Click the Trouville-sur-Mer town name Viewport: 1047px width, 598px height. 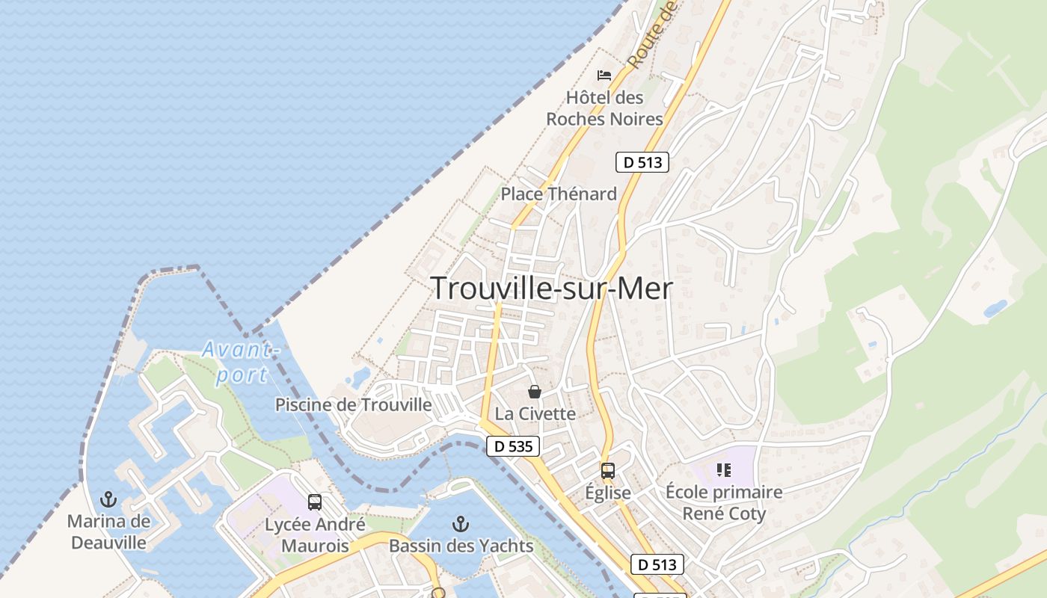point(552,289)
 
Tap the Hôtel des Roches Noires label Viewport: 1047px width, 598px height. point(604,108)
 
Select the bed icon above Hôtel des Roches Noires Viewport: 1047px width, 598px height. point(604,75)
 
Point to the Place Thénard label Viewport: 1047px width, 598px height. point(559,194)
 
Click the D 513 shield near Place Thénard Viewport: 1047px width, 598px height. point(642,162)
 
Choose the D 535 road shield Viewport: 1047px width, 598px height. point(513,447)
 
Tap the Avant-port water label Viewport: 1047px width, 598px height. point(240,362)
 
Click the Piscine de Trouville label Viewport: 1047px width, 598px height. point(353,405)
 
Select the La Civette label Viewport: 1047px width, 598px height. point(535,414)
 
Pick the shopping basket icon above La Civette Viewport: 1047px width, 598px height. point(535,392)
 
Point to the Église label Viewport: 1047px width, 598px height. point(608,493)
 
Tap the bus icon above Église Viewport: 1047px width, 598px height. point(608,471)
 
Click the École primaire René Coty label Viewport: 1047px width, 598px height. point(724,503)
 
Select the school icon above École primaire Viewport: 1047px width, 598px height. point(723,470)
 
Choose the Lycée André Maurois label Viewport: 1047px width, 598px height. point(315,535)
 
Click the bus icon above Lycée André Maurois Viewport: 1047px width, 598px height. point(315,502)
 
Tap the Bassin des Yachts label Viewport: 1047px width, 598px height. point(461,546)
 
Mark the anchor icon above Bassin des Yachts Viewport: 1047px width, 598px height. point(461,523)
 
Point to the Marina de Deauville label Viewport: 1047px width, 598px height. point(109,531)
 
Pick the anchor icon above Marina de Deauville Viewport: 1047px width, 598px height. point(109,499)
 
